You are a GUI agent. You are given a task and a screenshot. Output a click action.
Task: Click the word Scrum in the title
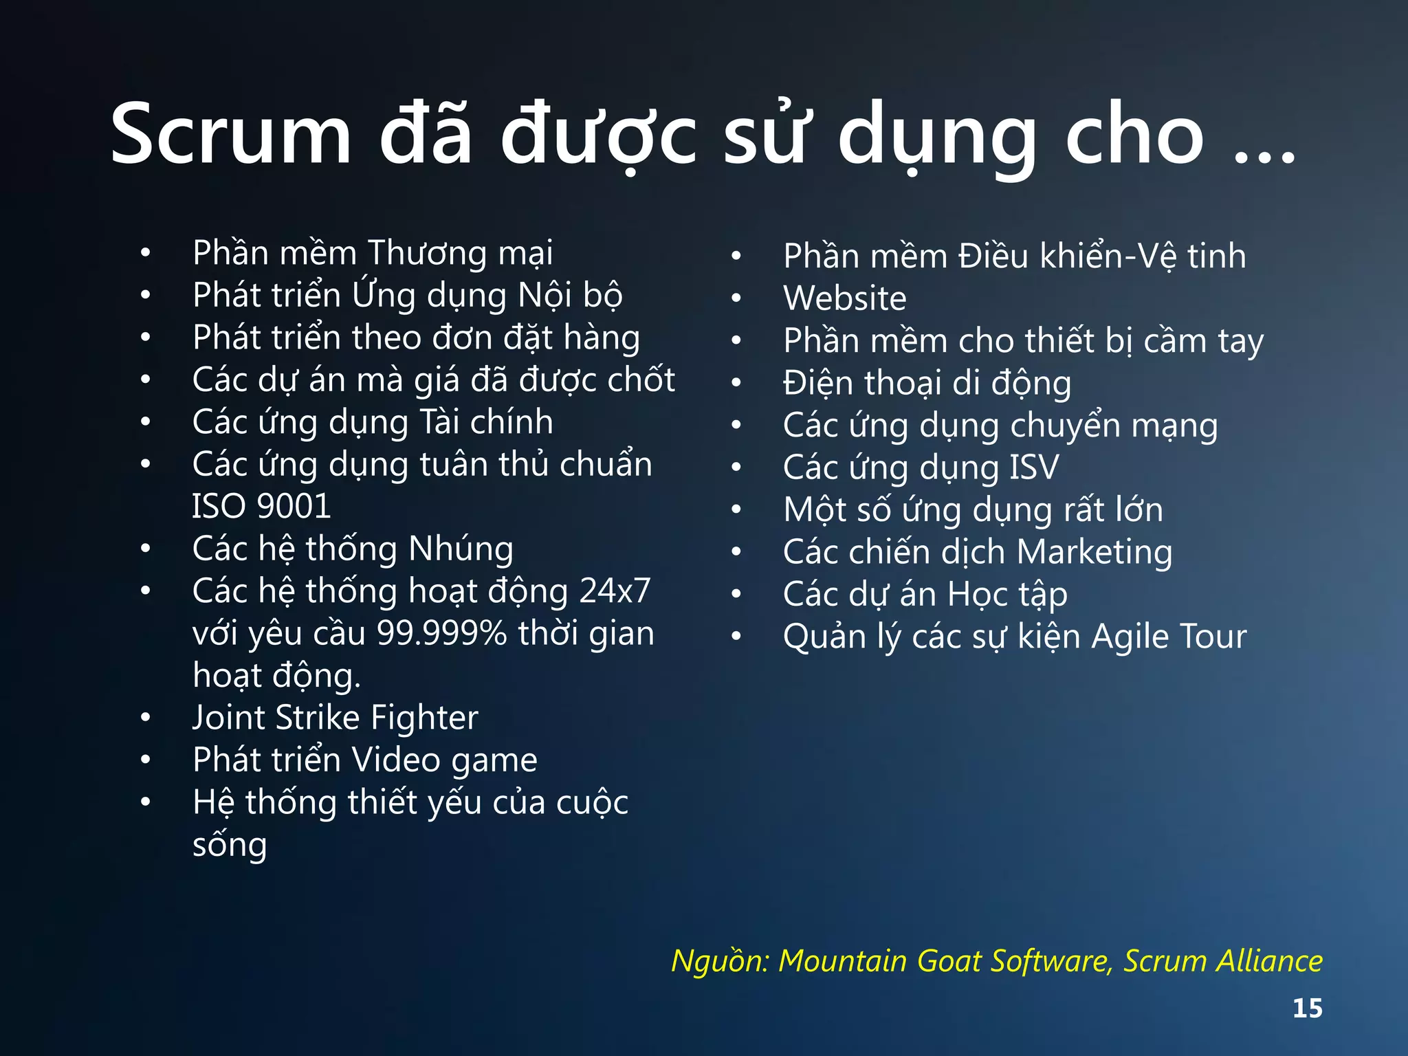(231, 135)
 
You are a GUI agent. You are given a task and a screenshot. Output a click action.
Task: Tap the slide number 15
(1307, 1009)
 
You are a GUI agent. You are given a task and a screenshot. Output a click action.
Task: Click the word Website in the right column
(845, 298)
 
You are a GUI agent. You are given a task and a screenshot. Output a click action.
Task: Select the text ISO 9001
(261, 507)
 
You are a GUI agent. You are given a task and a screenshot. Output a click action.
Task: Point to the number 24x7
(615, 591)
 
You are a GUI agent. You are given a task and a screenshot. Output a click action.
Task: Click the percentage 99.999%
(442, 633)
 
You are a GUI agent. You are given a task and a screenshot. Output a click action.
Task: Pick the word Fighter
(424, 718)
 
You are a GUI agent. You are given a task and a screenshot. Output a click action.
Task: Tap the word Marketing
(1094, 552)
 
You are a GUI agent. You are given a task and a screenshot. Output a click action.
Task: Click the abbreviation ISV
(1034, 467)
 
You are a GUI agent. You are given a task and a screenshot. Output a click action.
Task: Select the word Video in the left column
(396, 760)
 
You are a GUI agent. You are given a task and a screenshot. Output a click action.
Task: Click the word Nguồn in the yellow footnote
(718, 961)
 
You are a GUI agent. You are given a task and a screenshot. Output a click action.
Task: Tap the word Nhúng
(461, 549)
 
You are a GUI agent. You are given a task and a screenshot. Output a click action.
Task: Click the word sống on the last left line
(230, 845)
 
